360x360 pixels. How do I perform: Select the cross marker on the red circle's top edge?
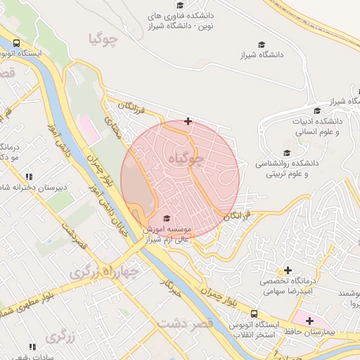tap(188, 122)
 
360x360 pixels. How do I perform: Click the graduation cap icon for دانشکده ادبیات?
tap(317, 110)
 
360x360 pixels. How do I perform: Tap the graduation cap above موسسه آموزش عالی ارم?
tap(166, 219)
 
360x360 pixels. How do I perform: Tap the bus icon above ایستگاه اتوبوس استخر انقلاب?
tap(254, 314)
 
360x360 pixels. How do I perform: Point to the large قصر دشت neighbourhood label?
tap(185, 325)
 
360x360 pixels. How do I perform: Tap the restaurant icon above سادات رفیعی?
tap(32, 347)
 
